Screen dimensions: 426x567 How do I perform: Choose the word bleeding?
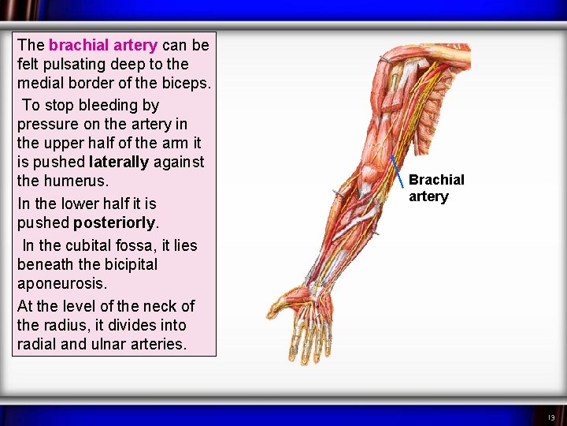click(x=107, y=105)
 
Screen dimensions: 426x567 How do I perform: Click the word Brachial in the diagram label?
click(x=436, y=180)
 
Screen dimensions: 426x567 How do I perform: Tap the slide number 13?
click(x=551, y=417)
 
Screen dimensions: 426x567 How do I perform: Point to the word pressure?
click(x=46, y=124)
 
